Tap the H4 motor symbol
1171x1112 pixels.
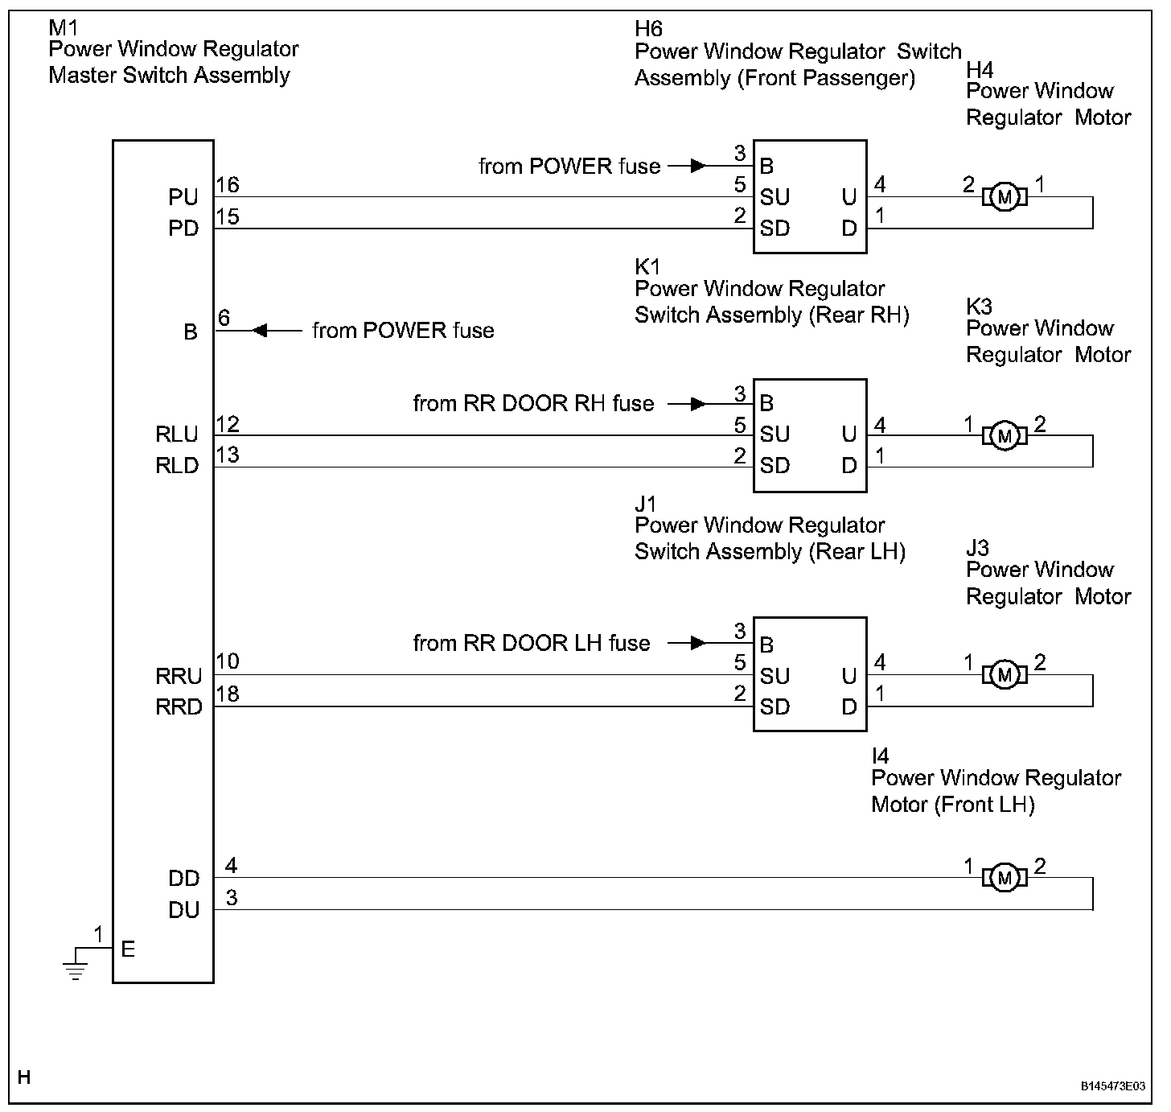click(1002, 196)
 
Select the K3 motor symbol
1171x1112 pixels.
click(1003, 435)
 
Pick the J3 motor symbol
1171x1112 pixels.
click(1003, 674)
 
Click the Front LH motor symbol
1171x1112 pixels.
click(1003, 878)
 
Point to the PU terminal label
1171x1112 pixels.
click(183, 197)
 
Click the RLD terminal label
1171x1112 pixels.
click(177, 466)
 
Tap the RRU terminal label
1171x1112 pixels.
click(178, 676)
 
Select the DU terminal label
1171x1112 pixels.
click(183, 910)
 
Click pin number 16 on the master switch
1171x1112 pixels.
click(228, 185)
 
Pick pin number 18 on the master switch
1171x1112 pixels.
click(228, 694)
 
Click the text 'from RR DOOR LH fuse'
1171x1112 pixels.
click(531, 643)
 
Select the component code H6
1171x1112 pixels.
click(648, 29)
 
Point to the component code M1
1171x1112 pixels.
click(64, 29)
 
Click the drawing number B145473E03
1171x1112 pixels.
click(1112, 1085)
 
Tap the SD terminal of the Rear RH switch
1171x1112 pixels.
click(775, 466)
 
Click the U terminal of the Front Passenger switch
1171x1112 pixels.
click(848, 197)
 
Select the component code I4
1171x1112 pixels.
click(881, 756)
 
